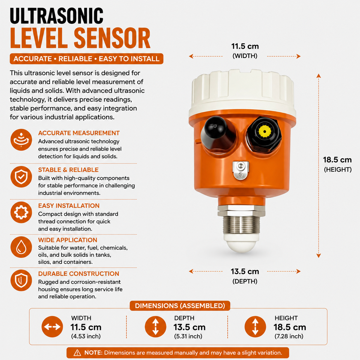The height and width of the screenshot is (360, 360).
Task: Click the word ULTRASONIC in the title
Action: point(56,16)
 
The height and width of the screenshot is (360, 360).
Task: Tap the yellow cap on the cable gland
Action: point(265,131)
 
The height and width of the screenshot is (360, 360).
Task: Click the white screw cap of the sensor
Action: point(242,93)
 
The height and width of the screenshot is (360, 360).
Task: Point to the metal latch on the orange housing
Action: point(241,170)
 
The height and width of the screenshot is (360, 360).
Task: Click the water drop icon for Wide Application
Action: point(21,247)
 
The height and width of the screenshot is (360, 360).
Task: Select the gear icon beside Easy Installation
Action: point(21,212)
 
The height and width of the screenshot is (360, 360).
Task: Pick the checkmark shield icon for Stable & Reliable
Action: point(21,177)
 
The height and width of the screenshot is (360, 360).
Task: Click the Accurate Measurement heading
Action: point(79,133)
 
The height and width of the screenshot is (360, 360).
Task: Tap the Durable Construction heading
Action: point(79,274)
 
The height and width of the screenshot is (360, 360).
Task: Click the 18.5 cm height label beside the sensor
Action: point(337,160)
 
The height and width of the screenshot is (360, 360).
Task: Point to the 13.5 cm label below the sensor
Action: point(245,271)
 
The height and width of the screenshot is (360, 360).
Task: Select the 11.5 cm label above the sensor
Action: point(245,46)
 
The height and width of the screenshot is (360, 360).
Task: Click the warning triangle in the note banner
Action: point(77,353)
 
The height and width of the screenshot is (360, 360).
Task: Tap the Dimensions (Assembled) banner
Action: point(180,306)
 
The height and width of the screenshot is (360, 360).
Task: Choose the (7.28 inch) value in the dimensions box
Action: point(289,336)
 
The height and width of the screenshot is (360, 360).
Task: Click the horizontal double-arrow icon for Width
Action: point(52,327)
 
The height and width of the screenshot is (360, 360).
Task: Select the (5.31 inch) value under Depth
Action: point(188,336)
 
